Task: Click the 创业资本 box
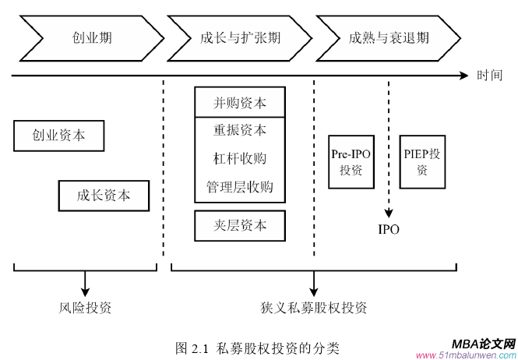pyautogui.click(x=59, y=136)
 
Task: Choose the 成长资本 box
pyautogui.click(x=104, y=196)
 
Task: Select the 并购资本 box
pyautogui.click(x=240, y=102)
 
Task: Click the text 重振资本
pyautogui.click(x=240, y=130)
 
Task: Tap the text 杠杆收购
pyautogui.click(x=240, y=159)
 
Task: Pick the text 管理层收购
pyautogui.click(x=240, y=188)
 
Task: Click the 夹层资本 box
pyautogui.click(x=240, y=225)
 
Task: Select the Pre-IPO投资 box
pyautogui.click(x=351, y=161)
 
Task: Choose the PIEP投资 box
pyautogui.click(x=421, y=161)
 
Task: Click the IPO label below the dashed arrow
pyautogui.click(x=388, y=230)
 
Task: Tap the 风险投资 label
pyautogui.click(x=86, y=307)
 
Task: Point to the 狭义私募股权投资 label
pyautogui.click(x=314, y=307)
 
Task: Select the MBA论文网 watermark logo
pyautogui.click(x=483, y=343)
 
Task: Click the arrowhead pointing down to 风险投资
pyautogui.click(x=86, y=289)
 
